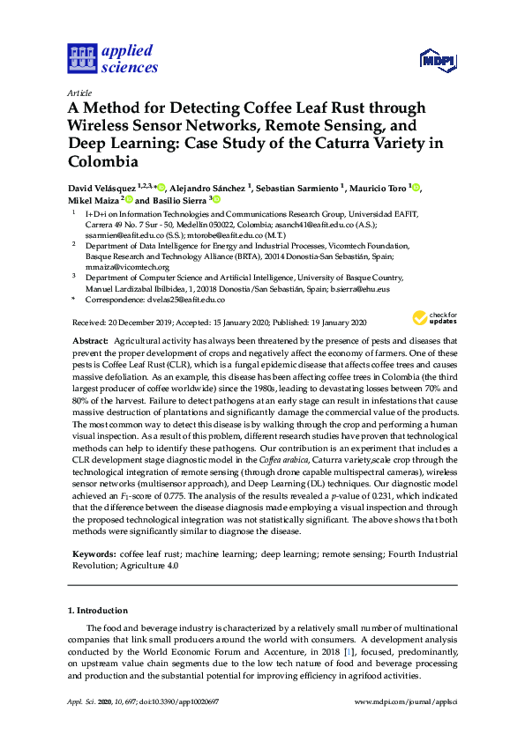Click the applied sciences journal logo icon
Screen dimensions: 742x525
click(x=80, y=59)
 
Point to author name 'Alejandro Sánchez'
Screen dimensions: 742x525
click(x=211, y=188)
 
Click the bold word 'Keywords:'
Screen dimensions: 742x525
click(x=94, y=553)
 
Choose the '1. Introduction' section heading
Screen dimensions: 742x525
click(x=101, y=610)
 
